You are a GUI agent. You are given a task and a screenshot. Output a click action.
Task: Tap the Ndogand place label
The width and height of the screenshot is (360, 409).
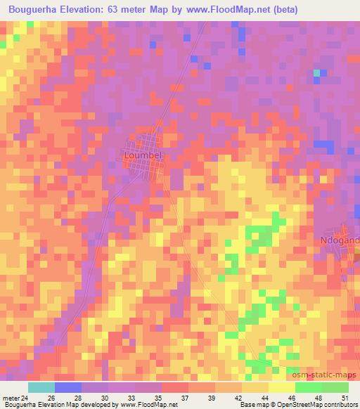340,240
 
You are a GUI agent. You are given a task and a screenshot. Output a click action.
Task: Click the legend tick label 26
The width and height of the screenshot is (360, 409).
51,397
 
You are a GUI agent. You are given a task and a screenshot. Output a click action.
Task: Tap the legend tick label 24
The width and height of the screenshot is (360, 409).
25,397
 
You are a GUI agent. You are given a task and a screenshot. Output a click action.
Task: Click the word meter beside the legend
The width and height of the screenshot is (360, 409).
10,397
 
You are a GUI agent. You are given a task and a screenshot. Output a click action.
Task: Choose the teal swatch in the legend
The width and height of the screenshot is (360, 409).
41,387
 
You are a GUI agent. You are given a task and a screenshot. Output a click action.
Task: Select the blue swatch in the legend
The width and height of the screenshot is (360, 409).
67,387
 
